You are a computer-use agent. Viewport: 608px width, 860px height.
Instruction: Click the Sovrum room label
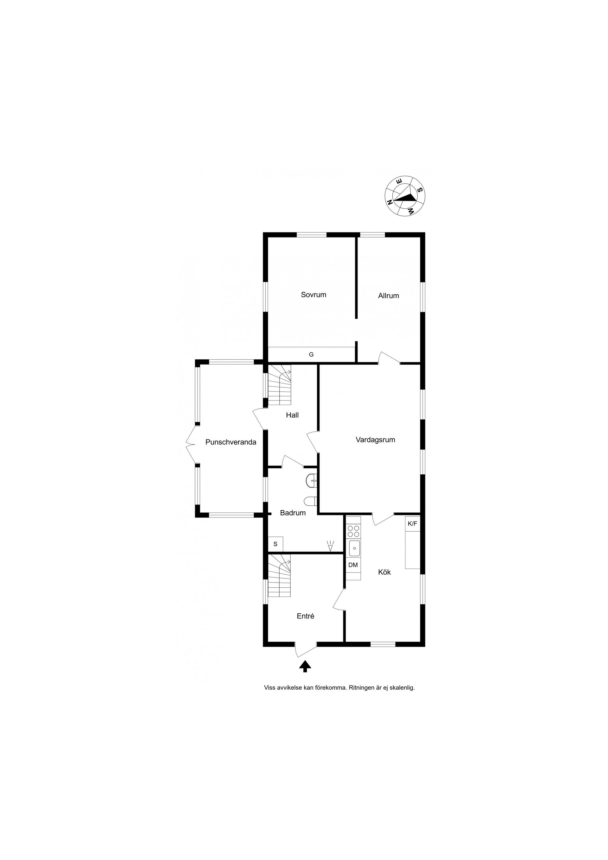click(313, 295)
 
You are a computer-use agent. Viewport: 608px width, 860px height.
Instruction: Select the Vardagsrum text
click(375, 440)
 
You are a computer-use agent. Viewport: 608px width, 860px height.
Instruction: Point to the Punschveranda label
click(231, 442)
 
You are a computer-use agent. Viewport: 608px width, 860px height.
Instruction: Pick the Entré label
click(305, 616)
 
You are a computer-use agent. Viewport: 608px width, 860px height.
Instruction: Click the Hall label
click(292, 415)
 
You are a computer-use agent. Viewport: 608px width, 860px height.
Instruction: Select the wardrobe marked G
click(312, 354)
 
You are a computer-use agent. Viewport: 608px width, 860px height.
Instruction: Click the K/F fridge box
click(412, 524)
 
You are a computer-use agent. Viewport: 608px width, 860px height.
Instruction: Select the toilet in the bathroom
click(311, 501)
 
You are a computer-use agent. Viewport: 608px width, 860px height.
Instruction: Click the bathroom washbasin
click(312, 480)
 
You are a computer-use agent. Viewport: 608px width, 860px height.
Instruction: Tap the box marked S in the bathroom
click(275, 544)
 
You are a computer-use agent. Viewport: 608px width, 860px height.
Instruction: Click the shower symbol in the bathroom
click(330, 546)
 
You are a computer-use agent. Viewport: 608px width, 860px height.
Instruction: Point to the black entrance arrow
click(305, 666)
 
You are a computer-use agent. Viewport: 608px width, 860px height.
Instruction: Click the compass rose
click(405, 196)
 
